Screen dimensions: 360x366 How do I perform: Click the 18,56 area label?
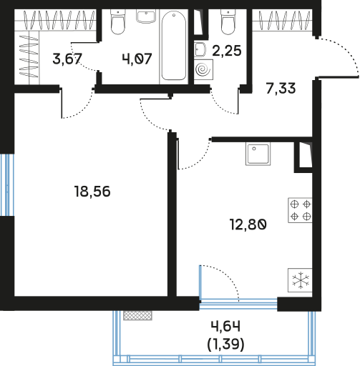click(x=92, y=192)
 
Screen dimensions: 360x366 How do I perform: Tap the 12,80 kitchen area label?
click(x=248, y=224)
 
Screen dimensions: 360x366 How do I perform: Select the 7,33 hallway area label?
click(x=281, y=88)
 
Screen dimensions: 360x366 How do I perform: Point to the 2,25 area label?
click(x=227, y=51)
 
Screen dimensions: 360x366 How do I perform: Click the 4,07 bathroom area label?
click(x=137, y=59)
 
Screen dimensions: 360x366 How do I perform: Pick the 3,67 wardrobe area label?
click(x=67, y=59)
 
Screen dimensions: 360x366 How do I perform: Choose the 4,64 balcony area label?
click(x=225, y=326)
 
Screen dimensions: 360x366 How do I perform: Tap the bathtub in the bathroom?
click(x=174, y=45)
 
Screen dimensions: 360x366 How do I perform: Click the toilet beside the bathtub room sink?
click(x=118, y=21)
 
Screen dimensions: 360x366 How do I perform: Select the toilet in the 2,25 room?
click(x=228, y=21)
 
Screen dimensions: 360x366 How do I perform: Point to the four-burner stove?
click(x=300, y=210)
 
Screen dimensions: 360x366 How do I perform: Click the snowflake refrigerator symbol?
click(x=300, y=280)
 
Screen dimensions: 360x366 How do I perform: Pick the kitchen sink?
click(x=258, y=154)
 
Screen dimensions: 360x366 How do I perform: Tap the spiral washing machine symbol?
click(x=203, y=69)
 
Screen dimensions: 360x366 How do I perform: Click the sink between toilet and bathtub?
click(x=146, y=16)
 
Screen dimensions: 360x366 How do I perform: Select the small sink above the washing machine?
click(x=200, y=50)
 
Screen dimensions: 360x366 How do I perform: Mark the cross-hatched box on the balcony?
click(x=137, y=315)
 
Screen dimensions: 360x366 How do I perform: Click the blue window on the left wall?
click(x=7, y=185)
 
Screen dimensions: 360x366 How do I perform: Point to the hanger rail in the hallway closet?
click(x=283, y=20)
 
